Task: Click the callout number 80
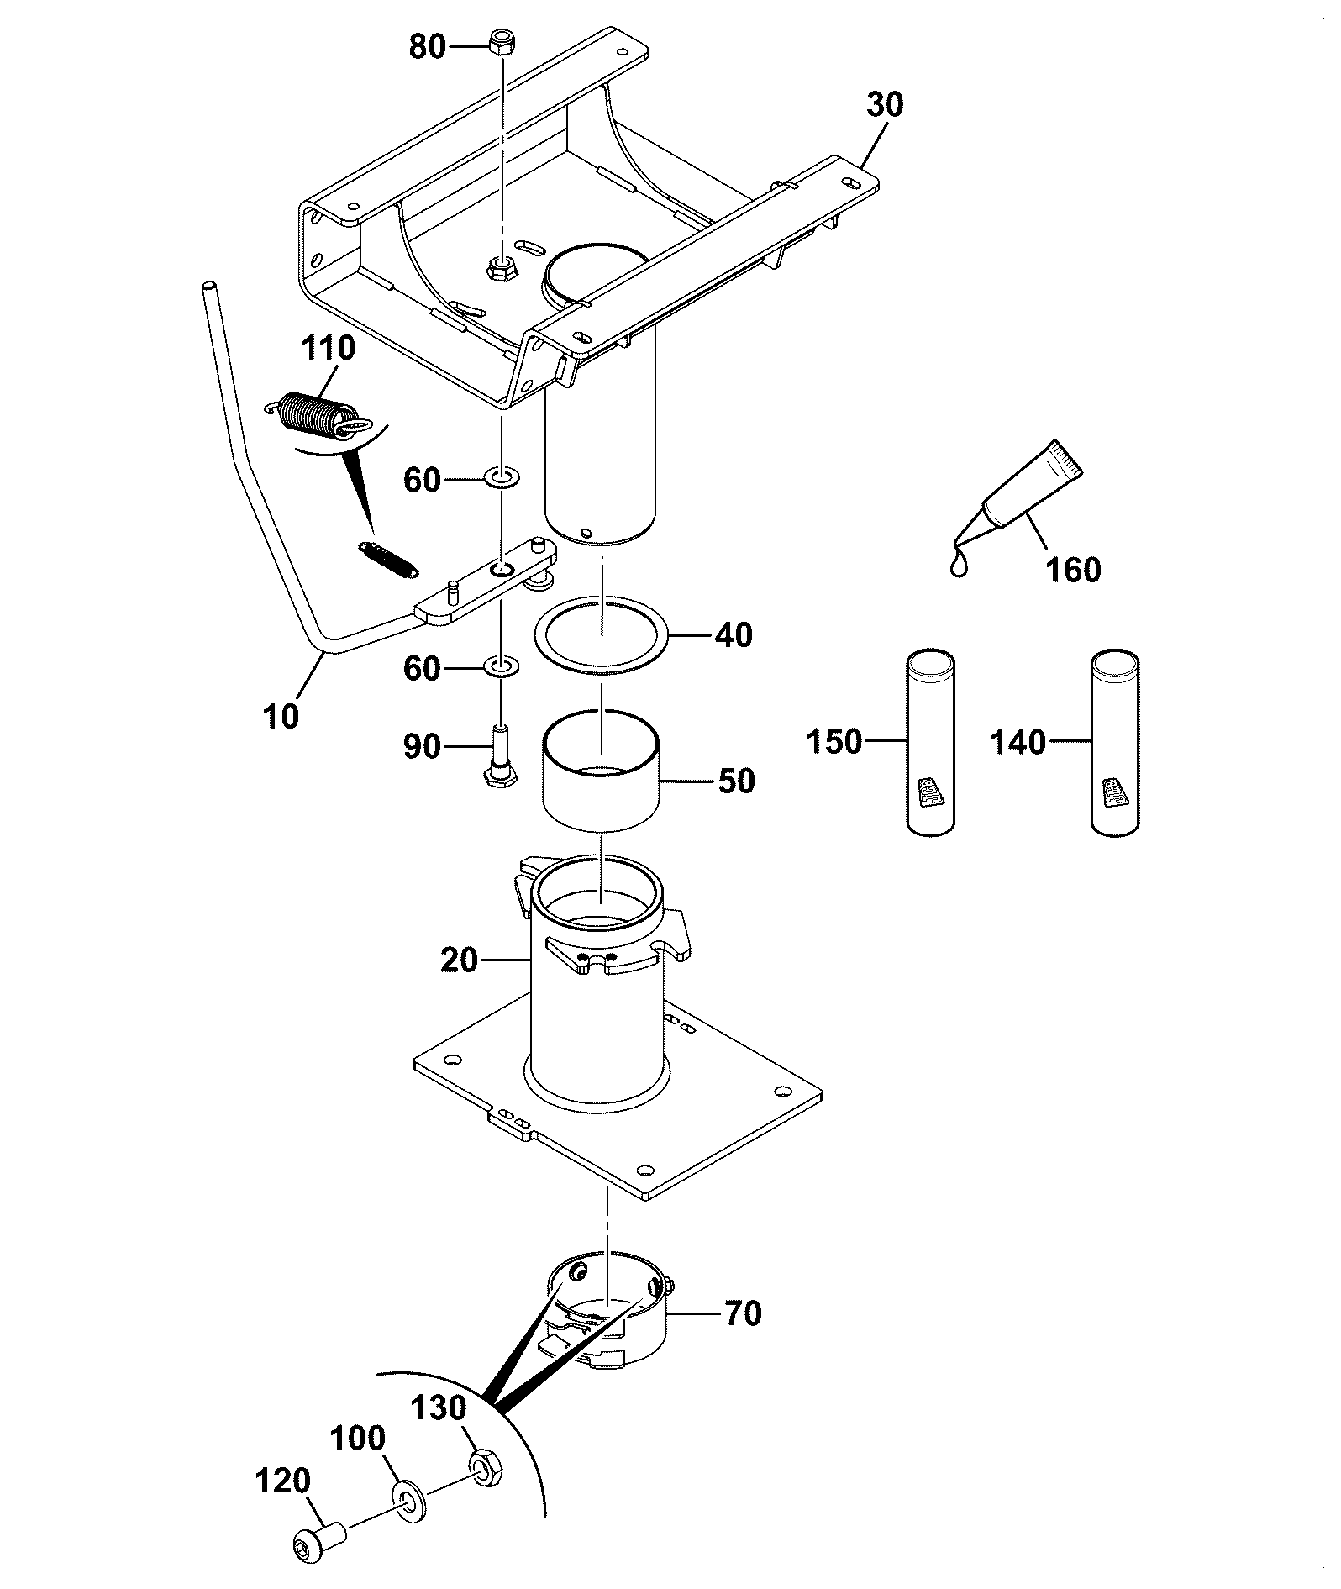pos(427,47)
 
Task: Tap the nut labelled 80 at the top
pos(502,42)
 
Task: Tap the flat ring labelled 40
pos(602,634)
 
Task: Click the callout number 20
pos(459,960)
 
